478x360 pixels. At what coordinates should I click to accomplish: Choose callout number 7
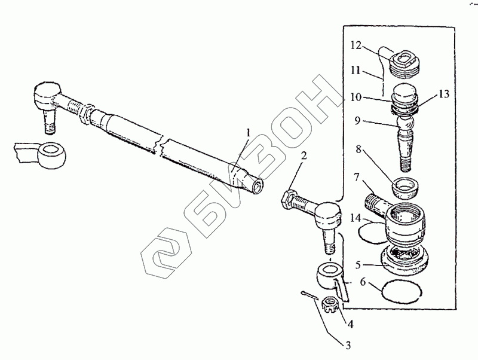point(357,178)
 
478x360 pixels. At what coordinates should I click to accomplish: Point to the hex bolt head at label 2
point(286,199)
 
